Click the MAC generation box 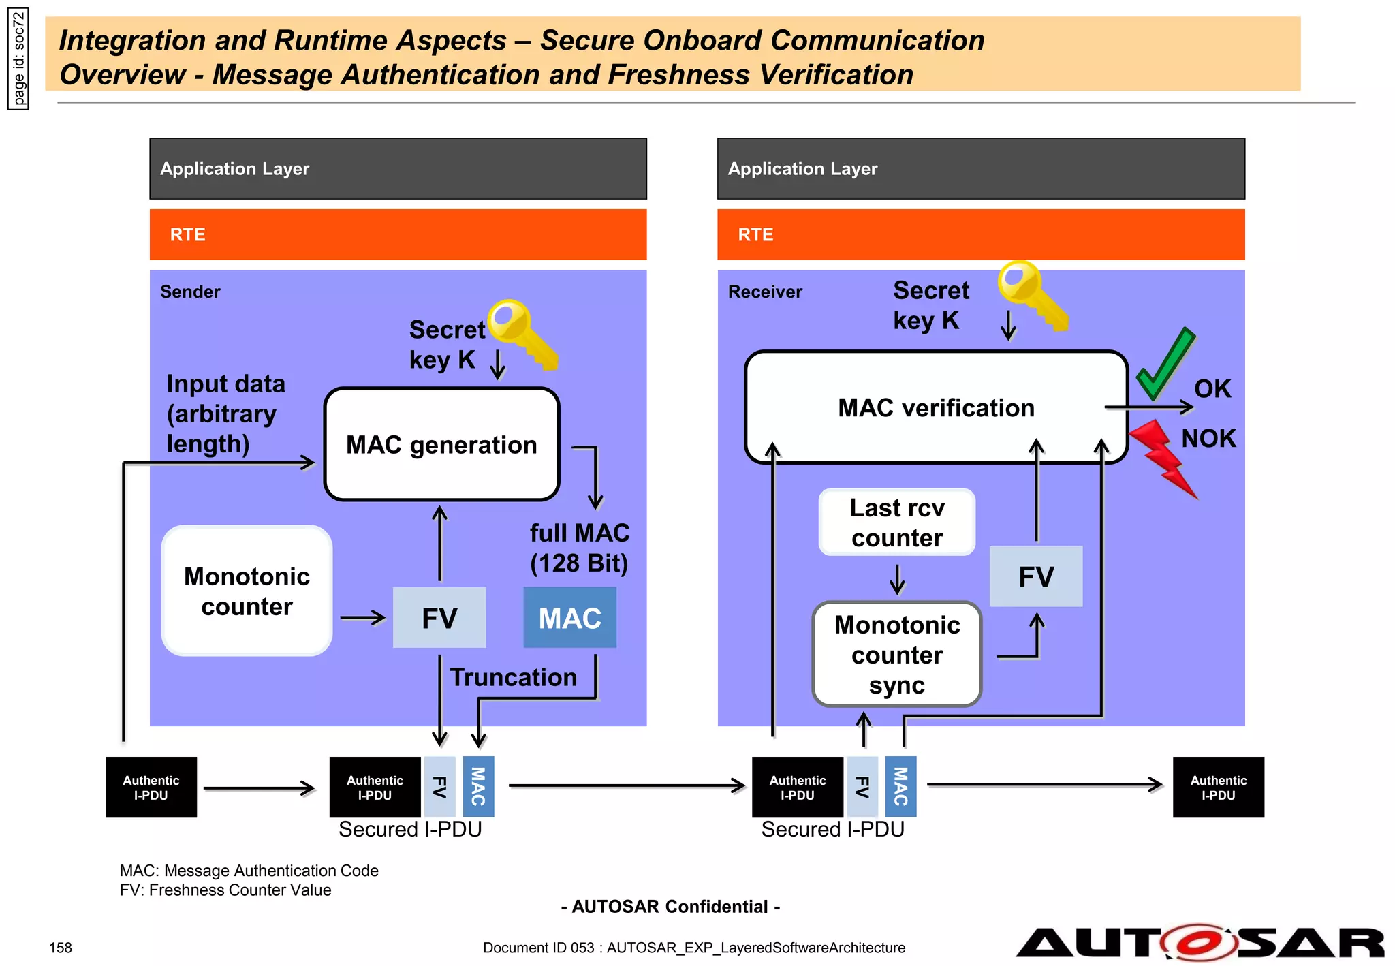tap(441, 444)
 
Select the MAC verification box tap(936, 407)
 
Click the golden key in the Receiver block tap(1032, 295)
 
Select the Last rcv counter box tap(897, 523)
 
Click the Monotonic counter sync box tap(897, 655)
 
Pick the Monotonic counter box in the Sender tap(247, 591)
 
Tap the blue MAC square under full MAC tap(569, 618)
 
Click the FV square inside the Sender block tap(439, 618)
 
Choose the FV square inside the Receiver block tap(1035, 576)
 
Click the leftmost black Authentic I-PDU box tap(151, 788)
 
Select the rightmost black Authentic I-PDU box tap(1218, 788)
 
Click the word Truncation tap(513, 677)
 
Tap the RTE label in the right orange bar tap(755, 235)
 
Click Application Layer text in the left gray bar tap(234, 169)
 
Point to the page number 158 tap(61, 948)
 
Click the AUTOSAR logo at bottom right tap(1199, 944)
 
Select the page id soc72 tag tap(18, 59)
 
